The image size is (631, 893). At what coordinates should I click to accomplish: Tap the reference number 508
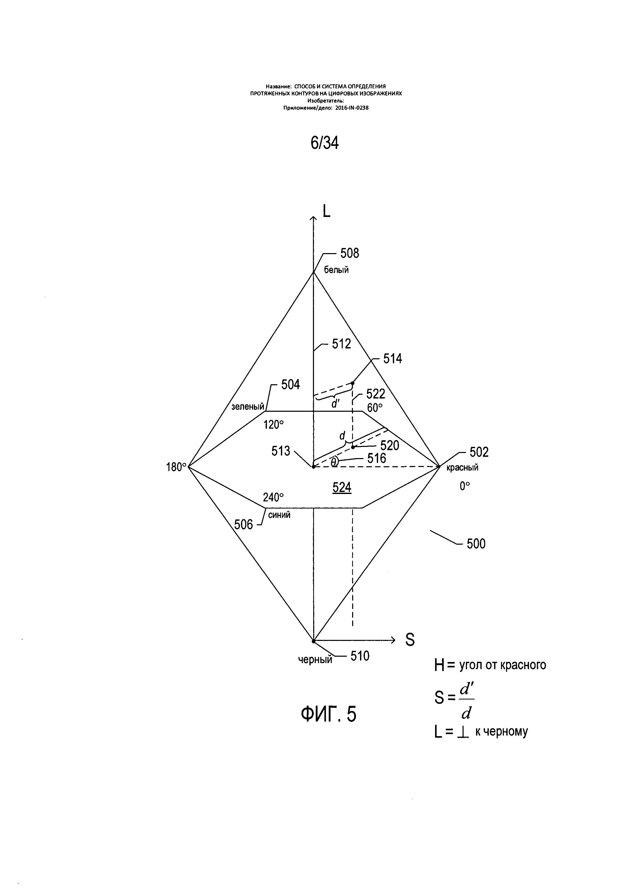point(350,254)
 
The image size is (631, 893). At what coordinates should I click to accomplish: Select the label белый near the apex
point(336,270)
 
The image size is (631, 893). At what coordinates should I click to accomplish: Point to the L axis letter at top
point(326,211)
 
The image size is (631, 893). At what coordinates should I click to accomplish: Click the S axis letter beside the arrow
point(410,640)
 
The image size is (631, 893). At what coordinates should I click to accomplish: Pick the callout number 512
point(341,344)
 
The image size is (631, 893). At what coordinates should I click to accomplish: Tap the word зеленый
point(248,407)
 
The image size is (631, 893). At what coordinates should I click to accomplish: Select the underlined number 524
point(342,487)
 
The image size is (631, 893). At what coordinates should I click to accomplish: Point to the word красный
point(462,468)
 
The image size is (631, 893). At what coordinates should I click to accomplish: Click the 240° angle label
point(273,498)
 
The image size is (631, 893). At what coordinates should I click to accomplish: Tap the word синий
point(279,515)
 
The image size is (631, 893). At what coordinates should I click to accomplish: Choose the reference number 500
point(476,544)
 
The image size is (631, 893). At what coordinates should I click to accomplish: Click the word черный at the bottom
point(315,660)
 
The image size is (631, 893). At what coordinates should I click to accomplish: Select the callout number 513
point(281,451)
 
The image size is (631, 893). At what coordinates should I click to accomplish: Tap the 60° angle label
point(375,408)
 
